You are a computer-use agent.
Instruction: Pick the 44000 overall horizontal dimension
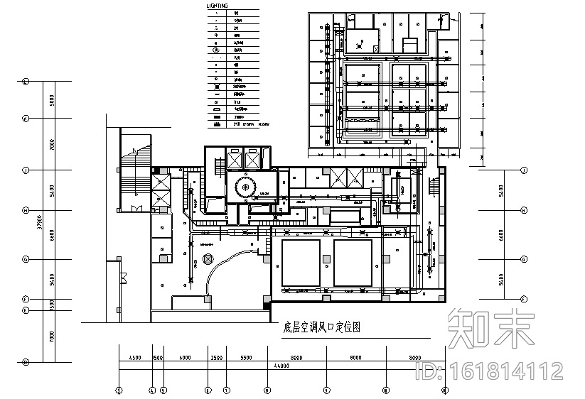[x=281, y=366]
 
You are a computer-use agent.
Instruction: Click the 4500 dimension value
[x=134, y=357]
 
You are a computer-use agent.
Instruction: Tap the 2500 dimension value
[x=217, y=357]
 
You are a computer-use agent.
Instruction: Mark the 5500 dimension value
[x=246, y=357]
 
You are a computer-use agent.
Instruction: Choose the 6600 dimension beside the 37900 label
[x=51, y=235]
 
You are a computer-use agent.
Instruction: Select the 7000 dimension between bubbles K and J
[x=51, y=144]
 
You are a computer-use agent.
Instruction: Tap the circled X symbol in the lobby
[x=208, y=259]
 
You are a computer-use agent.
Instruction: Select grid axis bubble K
[x=25, y=118]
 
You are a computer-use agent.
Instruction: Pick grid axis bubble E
[x=25, y=310]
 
